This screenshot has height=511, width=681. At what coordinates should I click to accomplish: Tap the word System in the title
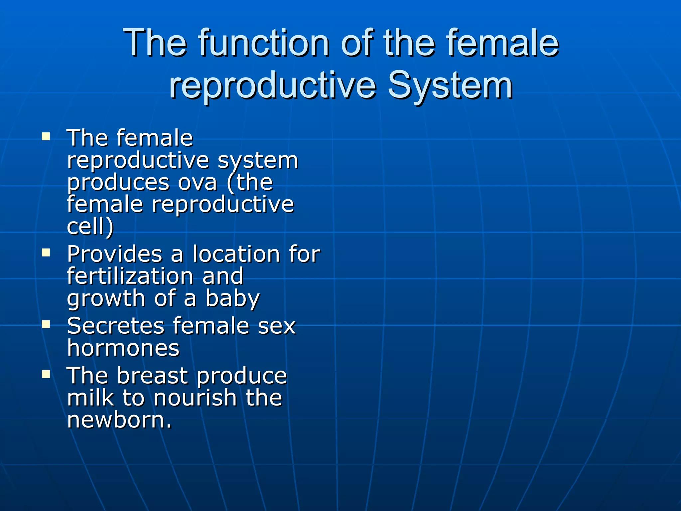450,86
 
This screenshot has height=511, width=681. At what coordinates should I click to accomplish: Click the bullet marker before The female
46,137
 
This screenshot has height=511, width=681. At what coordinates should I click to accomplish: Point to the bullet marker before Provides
46,253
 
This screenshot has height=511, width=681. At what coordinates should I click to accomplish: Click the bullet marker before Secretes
46,325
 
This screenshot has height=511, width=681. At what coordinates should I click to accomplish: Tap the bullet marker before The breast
46,375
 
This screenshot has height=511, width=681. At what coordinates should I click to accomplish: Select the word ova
198,183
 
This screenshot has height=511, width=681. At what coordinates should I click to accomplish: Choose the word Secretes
115,326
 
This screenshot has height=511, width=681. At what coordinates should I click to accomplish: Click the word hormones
123,348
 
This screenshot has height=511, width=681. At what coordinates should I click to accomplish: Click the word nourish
195,398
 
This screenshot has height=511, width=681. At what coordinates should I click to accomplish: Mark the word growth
106,299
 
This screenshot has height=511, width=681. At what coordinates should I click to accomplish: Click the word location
236,255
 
